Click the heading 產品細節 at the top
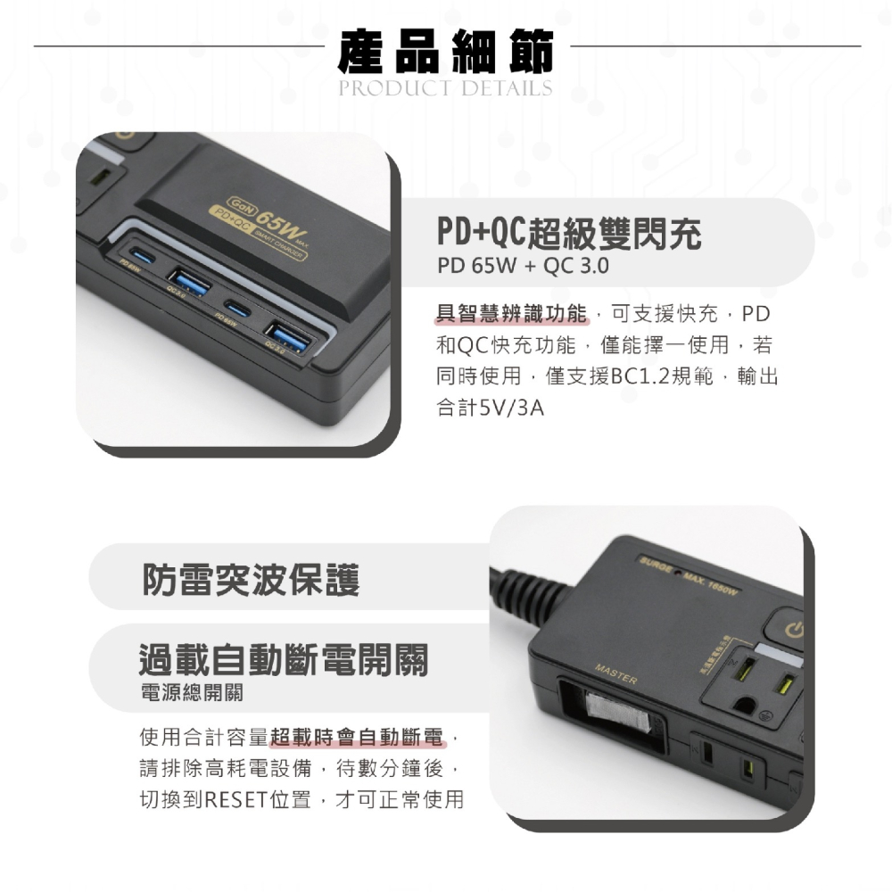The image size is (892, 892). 446,51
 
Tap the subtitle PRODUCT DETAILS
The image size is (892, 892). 446,88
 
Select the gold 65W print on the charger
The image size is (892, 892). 277,219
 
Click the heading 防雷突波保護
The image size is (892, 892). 251,580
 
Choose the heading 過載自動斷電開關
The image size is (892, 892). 284,660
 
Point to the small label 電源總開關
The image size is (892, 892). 192,693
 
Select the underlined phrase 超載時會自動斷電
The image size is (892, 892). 357,738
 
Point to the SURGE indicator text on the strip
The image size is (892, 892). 656,559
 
